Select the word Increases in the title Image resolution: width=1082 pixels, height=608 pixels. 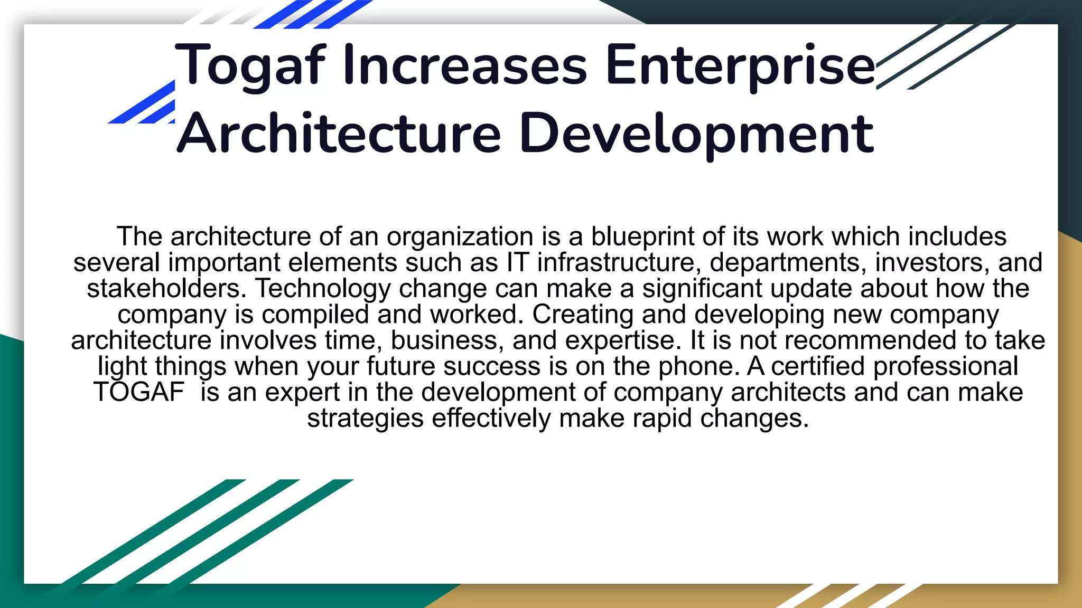tap(465, 66)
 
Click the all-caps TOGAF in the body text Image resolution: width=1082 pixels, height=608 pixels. tap(139, 392)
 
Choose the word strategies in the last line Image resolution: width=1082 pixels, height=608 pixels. tap(366, 418)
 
